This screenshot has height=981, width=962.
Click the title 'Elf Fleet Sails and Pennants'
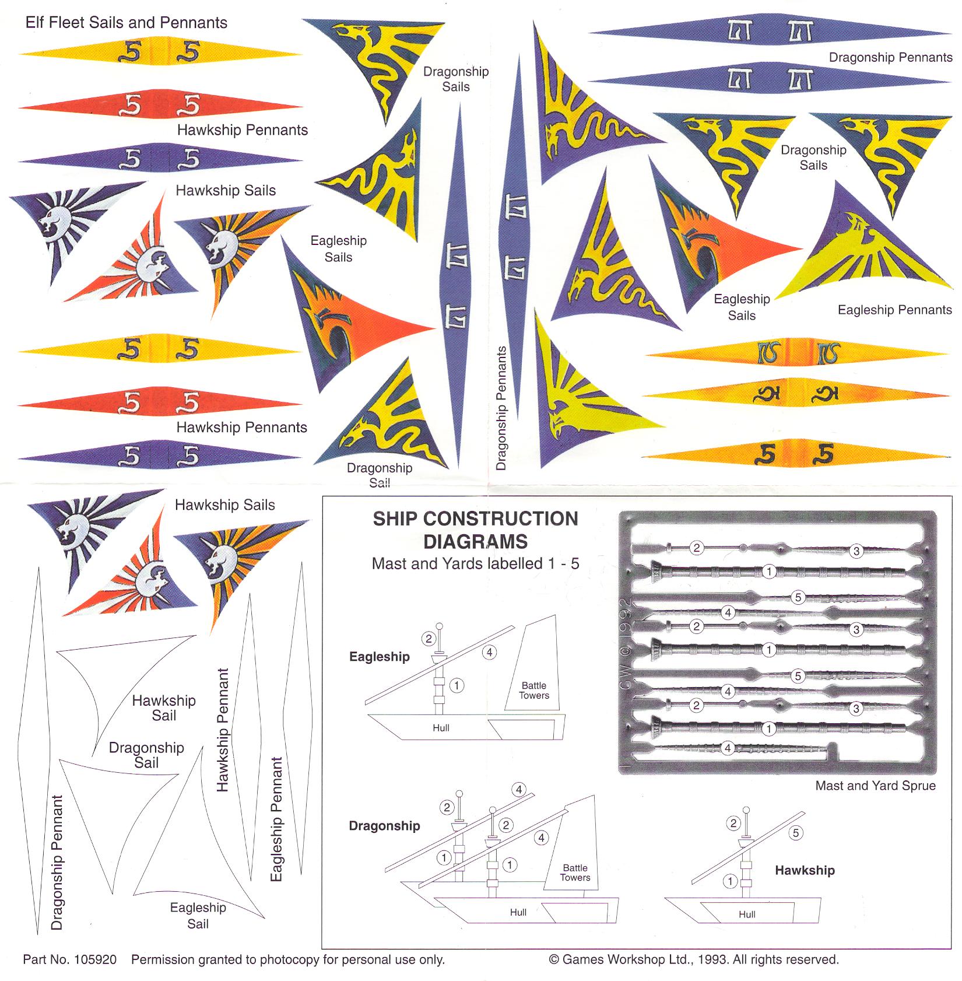(x=126, y=23)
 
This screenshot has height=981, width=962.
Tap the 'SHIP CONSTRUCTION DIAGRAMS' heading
(x=475, y=530)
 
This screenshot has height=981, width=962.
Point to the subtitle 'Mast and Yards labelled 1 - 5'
(x=475, y=563)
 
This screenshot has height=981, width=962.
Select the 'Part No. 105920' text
(x=69, y=959)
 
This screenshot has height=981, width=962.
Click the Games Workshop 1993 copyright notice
(x=693, y=959)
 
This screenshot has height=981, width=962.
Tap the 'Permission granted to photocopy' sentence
(x=287, y=959)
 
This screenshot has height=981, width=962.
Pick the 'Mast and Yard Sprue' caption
(x=875, y=786)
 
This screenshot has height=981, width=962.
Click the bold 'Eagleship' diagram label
(x=379, y=657)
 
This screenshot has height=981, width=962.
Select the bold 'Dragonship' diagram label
(x=384, y=826)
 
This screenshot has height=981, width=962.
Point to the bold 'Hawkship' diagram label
(x=805, y=870)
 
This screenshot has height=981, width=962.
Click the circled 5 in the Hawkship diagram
(x=796, y=833)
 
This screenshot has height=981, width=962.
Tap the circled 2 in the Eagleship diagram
(x=429, y=639)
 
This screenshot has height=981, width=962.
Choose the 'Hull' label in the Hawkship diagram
(x=746, y=915)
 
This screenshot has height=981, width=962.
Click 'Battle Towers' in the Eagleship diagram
(x=534, y=691)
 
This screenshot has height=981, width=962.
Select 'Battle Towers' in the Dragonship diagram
(x=575, y=873)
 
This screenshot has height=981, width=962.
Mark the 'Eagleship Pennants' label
(x=894, y=310)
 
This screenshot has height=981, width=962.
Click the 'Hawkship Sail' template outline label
(x=164, y=708)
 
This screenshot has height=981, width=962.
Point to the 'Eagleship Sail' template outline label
(x=198, y=915)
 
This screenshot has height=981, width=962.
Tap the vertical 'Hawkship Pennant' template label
(x=223, y=730)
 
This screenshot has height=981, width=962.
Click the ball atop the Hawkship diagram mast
(x=746, y=811)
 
